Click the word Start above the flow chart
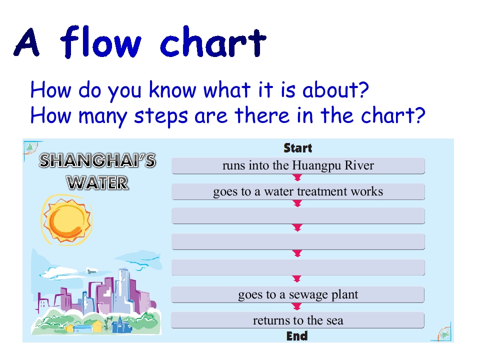tap(297, 148)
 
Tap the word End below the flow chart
tap(297, 336)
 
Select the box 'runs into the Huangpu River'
tap(298, 166)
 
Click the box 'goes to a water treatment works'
tap(298, 191)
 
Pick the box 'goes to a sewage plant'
tap(298, 294)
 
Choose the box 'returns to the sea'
tap(298, 320)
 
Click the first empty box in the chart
tap(298, 216)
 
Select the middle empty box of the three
tap(298, 242)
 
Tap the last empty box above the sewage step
tap(298, 267)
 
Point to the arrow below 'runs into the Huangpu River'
tap(297, 177)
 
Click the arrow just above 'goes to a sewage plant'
tap(297, 279)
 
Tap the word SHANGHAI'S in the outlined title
tap(97, 161)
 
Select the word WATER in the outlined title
tap(98, 182)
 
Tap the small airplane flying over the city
tap(90, 271)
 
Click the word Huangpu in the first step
tap(316, 166)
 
